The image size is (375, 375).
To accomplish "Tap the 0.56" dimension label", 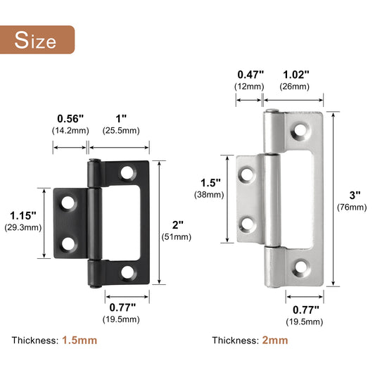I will pos(69,118).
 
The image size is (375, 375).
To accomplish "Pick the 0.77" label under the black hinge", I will pos(124,307).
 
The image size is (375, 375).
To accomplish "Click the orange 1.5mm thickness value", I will pos(80,340).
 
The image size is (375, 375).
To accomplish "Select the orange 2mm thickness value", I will pos(276,340).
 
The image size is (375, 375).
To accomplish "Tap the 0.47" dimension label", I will pos(250,73).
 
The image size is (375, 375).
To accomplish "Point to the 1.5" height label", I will pos(210,182).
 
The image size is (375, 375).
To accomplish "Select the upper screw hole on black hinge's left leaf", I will pos(68,203).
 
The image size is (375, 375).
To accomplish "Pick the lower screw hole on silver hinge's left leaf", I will pos(248,224).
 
